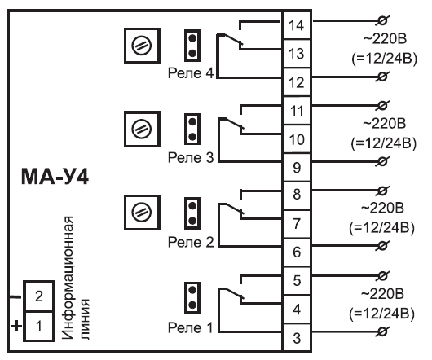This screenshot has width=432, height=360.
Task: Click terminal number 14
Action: click(297, 25)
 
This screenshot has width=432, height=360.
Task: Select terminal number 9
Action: click(297, 167)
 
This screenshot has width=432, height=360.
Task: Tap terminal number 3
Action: click(297, 338)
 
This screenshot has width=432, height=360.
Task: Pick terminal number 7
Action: click(297, 224)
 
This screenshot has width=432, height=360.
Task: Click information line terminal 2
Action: click(39, 296)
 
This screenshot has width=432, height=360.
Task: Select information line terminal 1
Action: click(39, 326)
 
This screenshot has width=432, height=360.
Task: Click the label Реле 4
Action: click(191, 73)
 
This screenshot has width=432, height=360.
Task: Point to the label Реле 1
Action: click(191, 327)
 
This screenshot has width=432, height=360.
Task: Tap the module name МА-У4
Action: click(55, 177)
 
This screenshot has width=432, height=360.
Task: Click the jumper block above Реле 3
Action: click(192, 129)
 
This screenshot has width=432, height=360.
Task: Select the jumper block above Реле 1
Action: click(192, 297)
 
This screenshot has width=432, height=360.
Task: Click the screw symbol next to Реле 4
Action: click(142, 46)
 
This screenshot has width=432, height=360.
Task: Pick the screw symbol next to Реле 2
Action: click(142, 213)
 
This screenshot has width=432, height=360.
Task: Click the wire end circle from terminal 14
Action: click(382, 20)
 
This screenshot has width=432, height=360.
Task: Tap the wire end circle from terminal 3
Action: click(382, 331)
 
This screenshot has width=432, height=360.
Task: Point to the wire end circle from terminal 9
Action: click(382, 161)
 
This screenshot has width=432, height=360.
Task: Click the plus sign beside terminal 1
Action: click(16, 327)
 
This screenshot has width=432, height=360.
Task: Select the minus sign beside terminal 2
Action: click(15, 297)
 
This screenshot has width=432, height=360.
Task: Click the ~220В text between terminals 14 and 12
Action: click(385, 39)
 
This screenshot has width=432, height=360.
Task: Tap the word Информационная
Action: click(68, 278)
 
